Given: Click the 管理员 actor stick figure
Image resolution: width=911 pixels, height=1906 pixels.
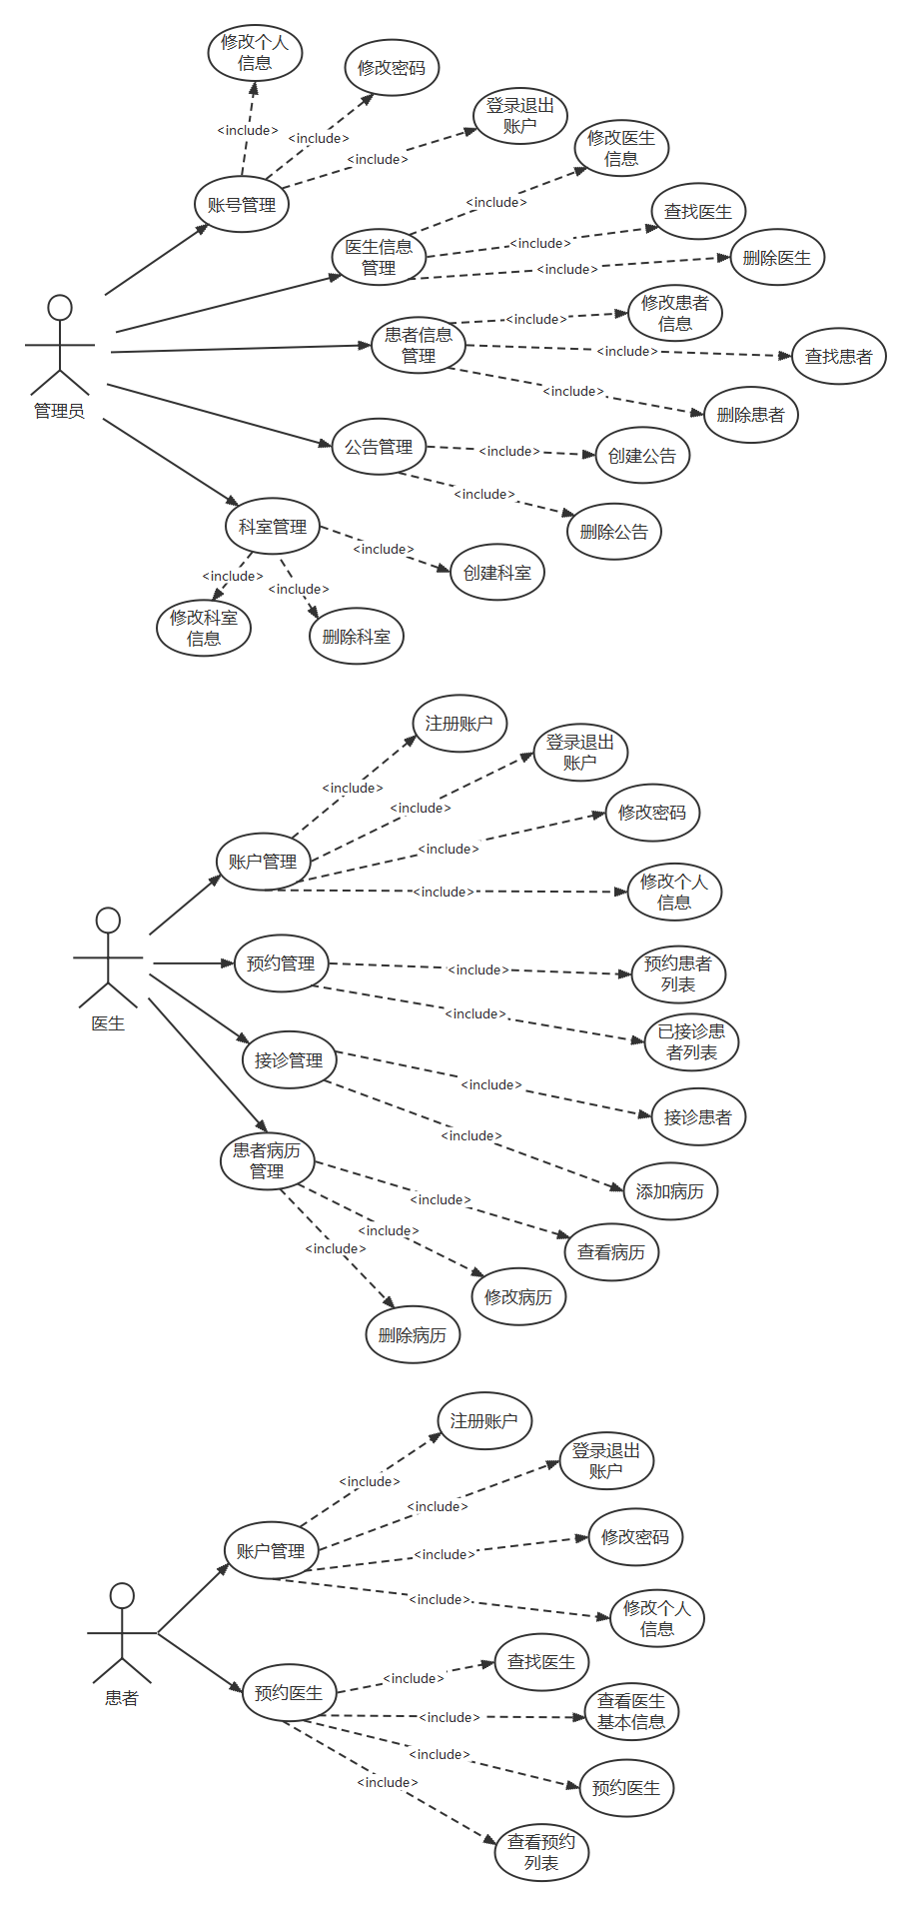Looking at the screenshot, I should point(60,345).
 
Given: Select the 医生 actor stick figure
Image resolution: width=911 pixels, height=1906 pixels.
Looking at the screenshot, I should point(108,957).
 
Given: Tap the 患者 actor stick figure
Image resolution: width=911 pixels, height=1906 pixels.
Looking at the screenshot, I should point(122,1632).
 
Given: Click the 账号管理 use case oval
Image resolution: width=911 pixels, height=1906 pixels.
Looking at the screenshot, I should point(242,205).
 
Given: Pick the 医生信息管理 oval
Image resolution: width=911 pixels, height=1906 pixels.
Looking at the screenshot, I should point(379,257).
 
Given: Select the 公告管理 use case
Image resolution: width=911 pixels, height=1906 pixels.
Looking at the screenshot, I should point(379,447).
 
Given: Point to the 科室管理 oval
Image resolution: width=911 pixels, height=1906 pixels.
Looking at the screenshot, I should point(273,527).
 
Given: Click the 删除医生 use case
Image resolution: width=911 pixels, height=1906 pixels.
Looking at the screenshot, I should point(777,258).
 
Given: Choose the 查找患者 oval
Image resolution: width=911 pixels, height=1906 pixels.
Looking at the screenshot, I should point(839,356).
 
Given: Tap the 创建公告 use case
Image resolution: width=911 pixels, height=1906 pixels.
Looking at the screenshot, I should point(642,456).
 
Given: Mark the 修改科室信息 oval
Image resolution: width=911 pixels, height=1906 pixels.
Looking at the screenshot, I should point(204,628).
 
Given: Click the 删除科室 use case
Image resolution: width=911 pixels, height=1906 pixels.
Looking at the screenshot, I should point(357,636).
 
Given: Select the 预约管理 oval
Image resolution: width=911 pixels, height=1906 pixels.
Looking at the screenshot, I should point(281,963).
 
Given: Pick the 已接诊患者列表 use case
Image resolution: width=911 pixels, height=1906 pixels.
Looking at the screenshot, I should point(691,1041).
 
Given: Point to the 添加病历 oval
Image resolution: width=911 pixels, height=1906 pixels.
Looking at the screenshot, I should point(670,1191).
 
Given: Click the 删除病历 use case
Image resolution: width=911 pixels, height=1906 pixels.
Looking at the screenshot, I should point(413,1334).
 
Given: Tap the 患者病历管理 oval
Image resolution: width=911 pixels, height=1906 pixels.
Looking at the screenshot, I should point(267,1160).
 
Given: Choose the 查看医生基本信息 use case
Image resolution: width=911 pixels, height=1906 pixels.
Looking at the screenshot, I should point(631,1711).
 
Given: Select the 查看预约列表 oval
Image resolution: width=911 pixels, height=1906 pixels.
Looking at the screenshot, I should point(541,1852).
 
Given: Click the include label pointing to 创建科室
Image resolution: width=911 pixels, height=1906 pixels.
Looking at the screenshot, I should point(384,549).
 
